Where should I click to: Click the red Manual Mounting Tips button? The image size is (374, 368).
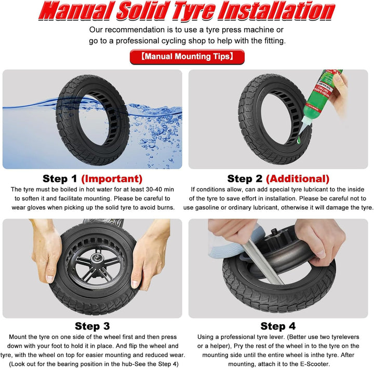click(187, 57)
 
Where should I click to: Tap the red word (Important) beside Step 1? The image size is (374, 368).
click(112, 179)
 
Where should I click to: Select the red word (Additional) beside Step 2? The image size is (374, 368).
click(298, 179)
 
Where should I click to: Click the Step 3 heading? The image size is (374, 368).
click(92, 326)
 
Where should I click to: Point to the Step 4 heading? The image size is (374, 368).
click(278, 326)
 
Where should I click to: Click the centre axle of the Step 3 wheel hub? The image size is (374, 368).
click(97, 258)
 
